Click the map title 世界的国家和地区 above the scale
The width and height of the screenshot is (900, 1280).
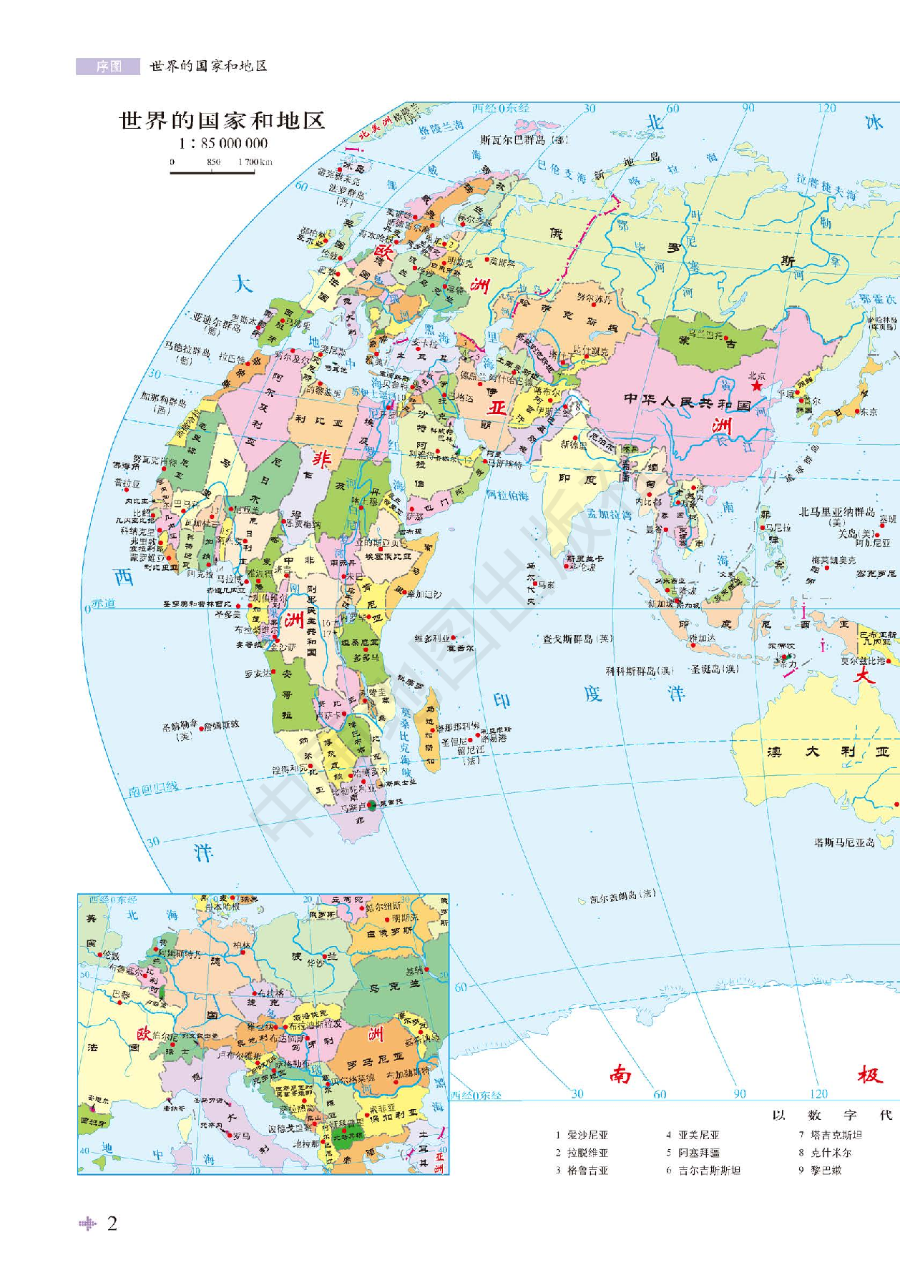pyautogui.click(x=222, y=120)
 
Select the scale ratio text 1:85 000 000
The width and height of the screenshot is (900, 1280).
pyautogui.click(x=223, y=143)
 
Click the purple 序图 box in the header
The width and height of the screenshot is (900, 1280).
pyautogui.click(x=108, y=67)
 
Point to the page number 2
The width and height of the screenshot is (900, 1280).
pyautogui.click(x=112, y=1224)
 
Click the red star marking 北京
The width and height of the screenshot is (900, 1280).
pyautogui.click(x=756, y=386)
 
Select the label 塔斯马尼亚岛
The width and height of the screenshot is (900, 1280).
pyautogui.click(x=844, y=842)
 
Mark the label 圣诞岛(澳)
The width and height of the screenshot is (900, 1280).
pyautogui.click(x=714, y=669)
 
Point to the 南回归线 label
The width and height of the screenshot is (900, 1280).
pyautogui.click(x=153, y=789)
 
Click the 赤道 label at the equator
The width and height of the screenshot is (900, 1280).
pyautogui.click(x=103, y=604)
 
